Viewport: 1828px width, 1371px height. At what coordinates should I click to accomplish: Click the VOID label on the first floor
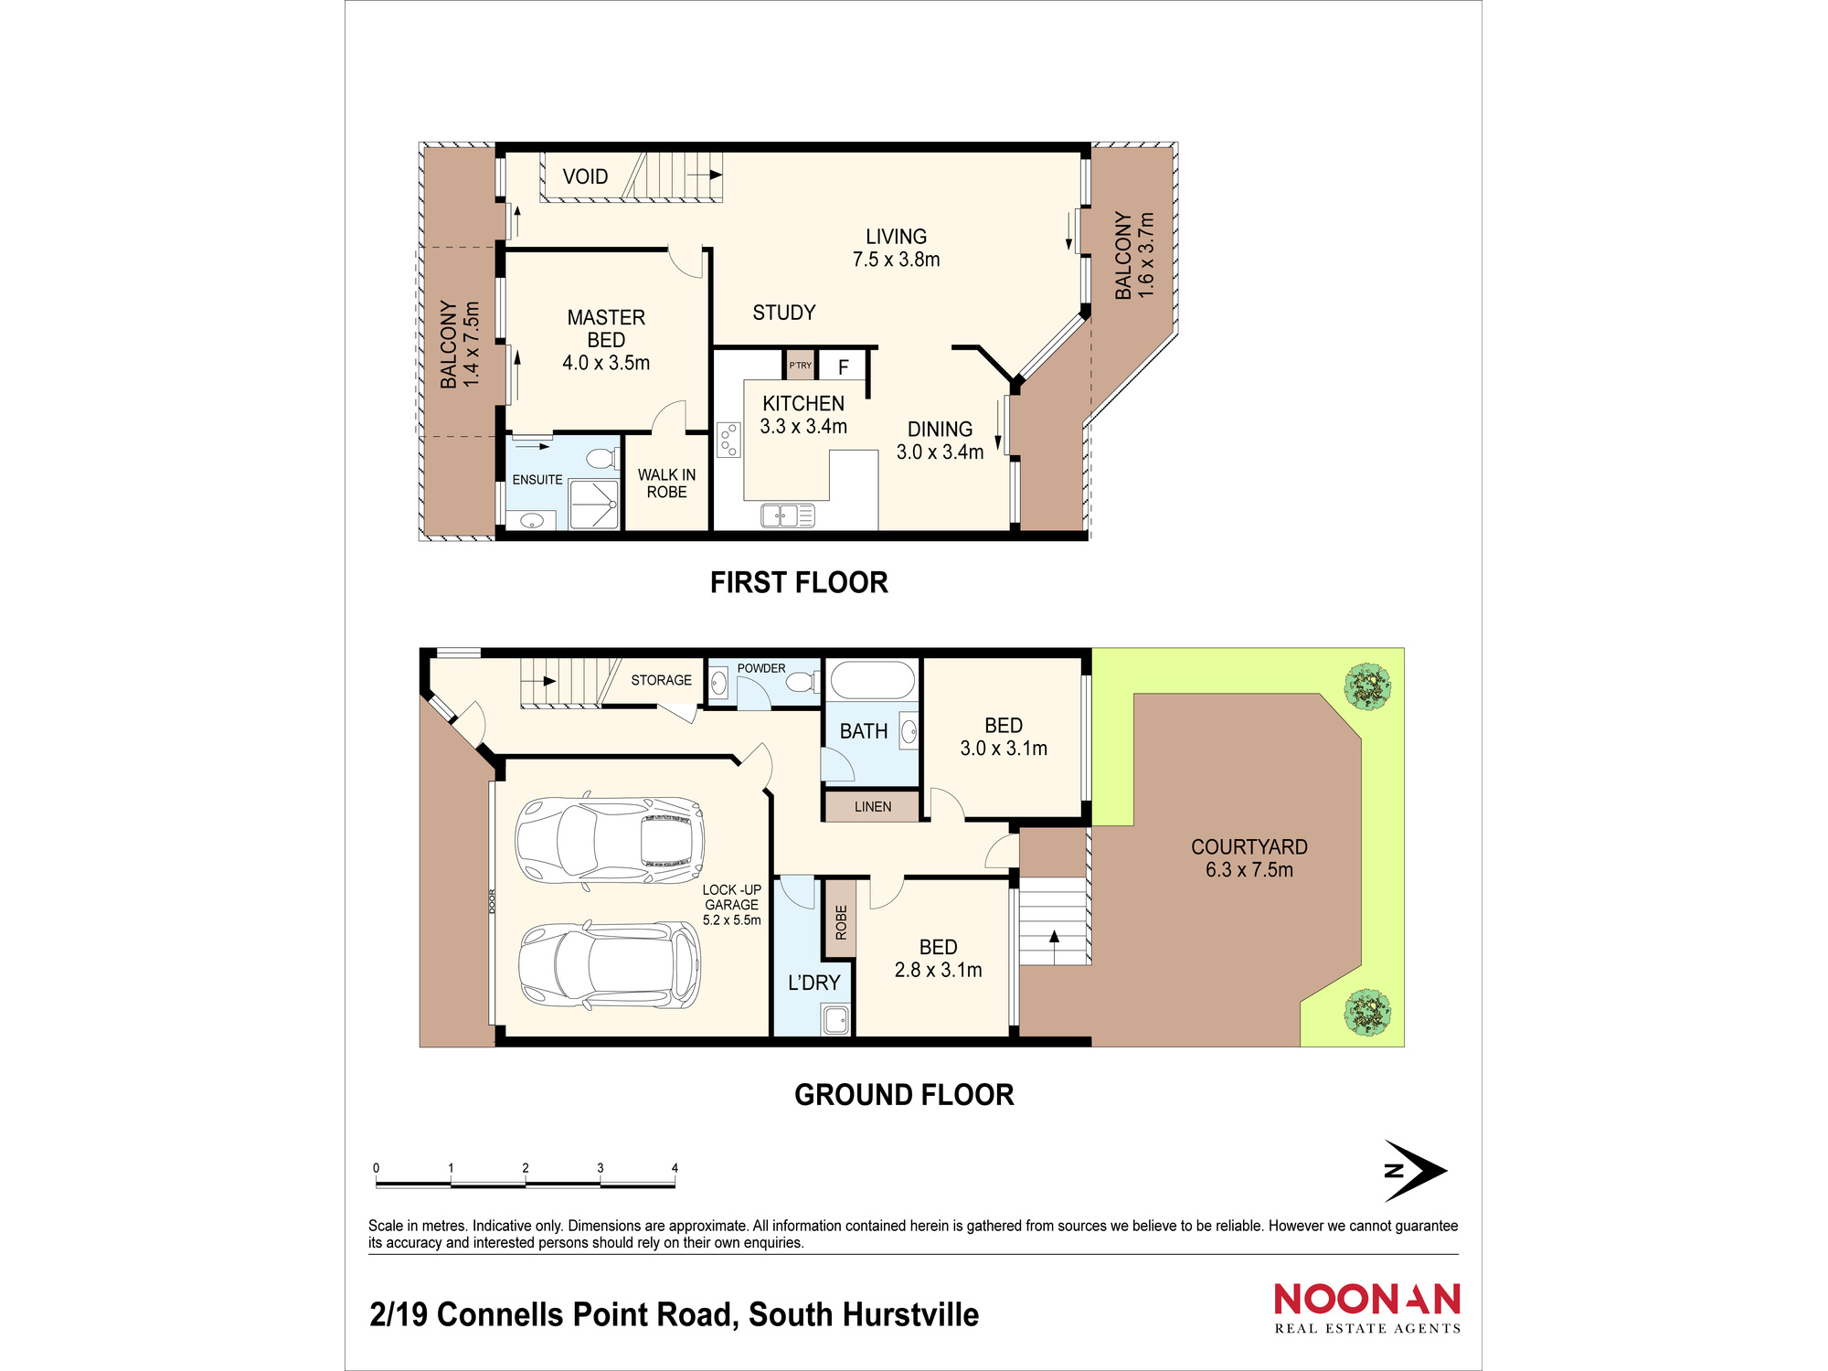pos(585,176)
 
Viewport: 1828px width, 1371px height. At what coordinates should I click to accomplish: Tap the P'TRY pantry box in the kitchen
pos(800,365)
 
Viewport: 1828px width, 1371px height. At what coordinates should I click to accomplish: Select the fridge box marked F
pos(843,367)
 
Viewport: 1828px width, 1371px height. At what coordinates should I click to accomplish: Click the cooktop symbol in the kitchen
pos(728,440)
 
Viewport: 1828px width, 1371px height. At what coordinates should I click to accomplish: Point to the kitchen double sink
pos(787,516)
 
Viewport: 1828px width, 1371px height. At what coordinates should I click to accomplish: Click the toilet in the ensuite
pos(601,458)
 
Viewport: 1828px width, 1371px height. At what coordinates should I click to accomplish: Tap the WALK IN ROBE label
pos(666,483)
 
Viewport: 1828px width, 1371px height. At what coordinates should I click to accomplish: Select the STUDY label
pos(783,313)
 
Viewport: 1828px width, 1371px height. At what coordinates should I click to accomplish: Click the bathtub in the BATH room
pos(871,681)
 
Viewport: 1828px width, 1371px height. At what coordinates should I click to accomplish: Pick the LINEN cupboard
pos(872,806)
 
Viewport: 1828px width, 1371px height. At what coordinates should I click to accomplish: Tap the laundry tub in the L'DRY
pos(835,1019)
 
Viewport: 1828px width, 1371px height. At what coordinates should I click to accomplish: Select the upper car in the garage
pos(610,841)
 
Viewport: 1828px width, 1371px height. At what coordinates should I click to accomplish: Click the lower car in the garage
pos(610,965)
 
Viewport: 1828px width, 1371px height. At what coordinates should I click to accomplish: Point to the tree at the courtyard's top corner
pos(1367,686)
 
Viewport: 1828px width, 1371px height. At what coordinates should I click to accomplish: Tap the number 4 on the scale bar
pos(675,1168)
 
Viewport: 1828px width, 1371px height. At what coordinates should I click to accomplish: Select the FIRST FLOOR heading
pos(799,582)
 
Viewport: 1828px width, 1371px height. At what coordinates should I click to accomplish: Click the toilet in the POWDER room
pos(801,682)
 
